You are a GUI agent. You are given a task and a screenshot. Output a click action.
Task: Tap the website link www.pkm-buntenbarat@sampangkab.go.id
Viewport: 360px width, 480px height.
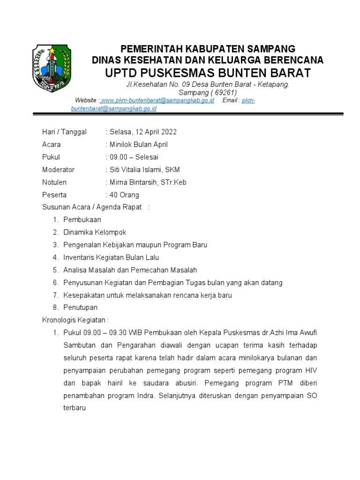pyautogui.click(x=157, y=101)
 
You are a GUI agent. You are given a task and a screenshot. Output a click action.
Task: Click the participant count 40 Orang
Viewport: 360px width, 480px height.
pyautogui.click(x=124, y=195)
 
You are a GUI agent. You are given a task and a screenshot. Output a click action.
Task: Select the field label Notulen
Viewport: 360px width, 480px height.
pyautogui.click(x=54, y=182)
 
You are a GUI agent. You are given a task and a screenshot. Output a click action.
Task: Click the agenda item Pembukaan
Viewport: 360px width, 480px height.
pyautogui.click(x=82, y=219)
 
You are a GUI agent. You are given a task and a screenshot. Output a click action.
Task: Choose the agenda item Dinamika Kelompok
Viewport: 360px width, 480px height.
pyautogui.click(x=95, y=232)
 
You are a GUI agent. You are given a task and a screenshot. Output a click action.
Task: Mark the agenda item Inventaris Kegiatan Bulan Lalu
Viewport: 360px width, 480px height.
pyautogui.click(x=111, y=257)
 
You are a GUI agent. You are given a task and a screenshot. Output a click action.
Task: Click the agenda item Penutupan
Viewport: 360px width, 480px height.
pyautogui.click(x=81, y=307)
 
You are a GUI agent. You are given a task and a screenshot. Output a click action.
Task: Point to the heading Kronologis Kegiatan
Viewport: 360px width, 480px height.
pyautogui.click(x=75, y=320)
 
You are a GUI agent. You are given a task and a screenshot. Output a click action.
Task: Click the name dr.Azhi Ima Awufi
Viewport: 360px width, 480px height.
pyautogui.click(x=289, y=333)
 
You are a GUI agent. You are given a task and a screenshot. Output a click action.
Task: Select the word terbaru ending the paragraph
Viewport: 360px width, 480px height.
pyautogui.click(x=75, y=408)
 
